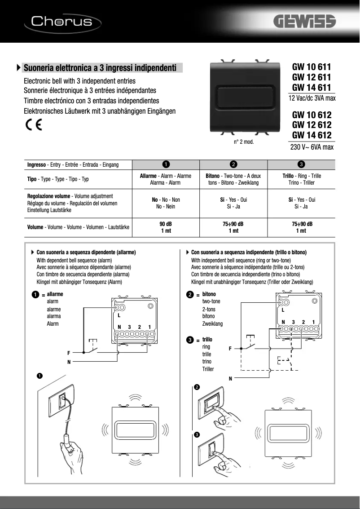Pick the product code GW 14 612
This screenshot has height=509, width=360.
pyautogui.click(x=312, y=135)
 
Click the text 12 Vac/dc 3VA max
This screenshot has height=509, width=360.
pyautogui.click(x=312, y=98)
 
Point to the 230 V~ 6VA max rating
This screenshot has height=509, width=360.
pyautogui.click(x=312, y=147)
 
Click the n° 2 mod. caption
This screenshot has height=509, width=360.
pyautogui.click(x=244, y=142)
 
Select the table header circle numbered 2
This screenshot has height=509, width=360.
pyautogui.click(x=233, y=164)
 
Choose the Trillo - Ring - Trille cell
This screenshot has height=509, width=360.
pyautogui.click(x=301, y=179)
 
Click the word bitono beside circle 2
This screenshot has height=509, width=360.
pyautogui.click(x=209, y=294)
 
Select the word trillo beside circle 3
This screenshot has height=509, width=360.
pyautogui.click(x=207, y=340)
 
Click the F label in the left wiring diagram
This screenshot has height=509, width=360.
pyautogui.click(x=69, y=353)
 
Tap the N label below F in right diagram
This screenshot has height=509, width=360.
pyautogui.click(x=230, y=378)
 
